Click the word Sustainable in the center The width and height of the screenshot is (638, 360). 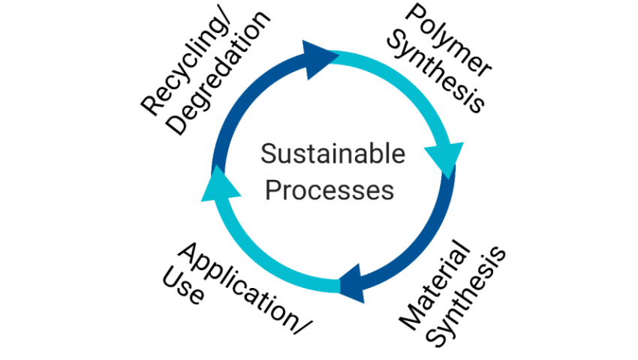click(333, 155)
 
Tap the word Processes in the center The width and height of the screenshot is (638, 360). click(330, 190)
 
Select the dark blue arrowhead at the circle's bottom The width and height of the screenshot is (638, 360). click(354, 284)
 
